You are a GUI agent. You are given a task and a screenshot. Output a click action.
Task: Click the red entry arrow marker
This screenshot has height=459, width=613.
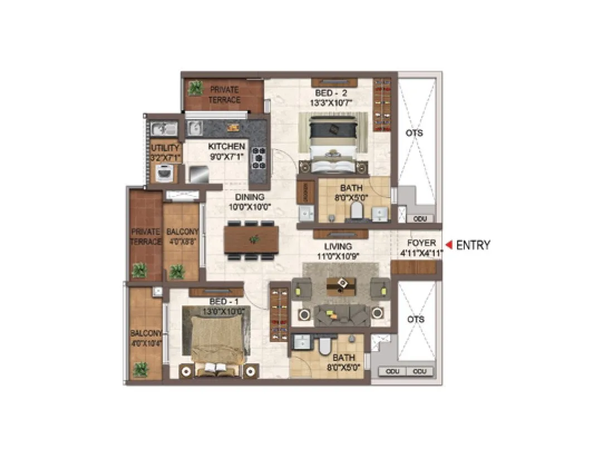(x=448, y=245)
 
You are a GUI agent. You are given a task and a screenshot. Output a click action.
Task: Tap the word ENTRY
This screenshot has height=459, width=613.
(x=473, y=245)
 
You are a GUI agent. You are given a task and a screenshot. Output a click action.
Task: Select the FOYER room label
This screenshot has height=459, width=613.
(x=421, y=243)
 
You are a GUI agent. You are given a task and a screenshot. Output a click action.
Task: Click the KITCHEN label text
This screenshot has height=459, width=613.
(x=226, y=146)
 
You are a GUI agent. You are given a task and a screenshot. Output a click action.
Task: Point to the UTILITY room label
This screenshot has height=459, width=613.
(x=165, y=148)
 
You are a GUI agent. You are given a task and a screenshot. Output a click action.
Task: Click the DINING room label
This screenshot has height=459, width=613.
(x=249, y=197)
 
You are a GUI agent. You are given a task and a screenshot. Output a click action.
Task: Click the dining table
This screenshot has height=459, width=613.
(x=252, y=239)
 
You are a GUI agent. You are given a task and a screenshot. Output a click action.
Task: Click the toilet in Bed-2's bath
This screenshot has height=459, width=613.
(x=356, y=210)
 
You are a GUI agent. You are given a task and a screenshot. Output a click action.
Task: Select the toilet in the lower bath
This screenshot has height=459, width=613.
(x=324, y=346)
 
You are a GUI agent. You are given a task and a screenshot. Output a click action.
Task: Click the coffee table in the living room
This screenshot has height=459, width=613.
(x=339, y=284)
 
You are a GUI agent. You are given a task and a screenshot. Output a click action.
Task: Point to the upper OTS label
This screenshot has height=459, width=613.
(x=415, y=133)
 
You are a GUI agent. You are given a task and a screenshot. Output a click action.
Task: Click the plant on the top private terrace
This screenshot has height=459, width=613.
(x=196, y=88)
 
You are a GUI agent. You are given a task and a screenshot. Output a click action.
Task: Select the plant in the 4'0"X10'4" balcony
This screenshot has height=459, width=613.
(x=142, y=369)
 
